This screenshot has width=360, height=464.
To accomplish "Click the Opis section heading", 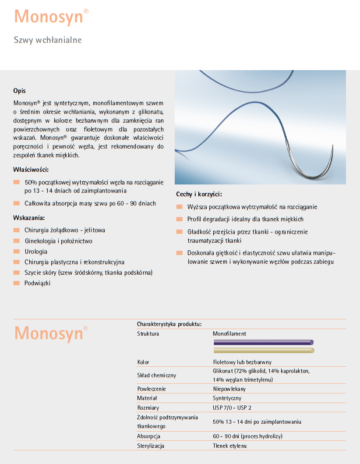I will (19, 91).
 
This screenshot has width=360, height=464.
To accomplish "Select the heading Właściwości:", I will (31, 170).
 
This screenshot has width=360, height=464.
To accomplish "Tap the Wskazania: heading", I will (29, 218).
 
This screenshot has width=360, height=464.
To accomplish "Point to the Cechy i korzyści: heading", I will (199, 194).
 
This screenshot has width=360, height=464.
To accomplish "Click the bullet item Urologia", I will (36, 251).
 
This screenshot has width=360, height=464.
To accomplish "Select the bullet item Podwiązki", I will (37, 283).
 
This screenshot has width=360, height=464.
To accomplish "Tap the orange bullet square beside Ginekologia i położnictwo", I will (17, 241).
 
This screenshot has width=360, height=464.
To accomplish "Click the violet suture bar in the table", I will (263, 342).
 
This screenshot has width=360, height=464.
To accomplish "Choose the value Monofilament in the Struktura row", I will (229, 334).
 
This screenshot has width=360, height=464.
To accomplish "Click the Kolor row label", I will (143, 362).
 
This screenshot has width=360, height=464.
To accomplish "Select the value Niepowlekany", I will (229, 389).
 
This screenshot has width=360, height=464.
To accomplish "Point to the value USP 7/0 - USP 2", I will (232, 408).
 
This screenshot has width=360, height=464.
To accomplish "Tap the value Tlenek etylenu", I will (230, 446).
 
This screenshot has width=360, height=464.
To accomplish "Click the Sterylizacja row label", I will (151, 446).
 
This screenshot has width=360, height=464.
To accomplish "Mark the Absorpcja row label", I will (148, 436).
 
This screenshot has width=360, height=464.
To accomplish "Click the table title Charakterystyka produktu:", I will (169, 324).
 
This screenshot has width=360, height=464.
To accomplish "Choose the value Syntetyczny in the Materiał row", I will (227, 398).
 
